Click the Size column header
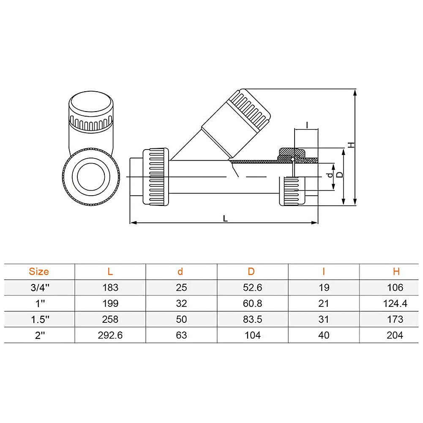(39, 271)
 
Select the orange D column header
(251, 271)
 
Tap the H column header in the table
(396, 271)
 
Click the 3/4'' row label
(40, 288)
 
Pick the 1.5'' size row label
(40, 319)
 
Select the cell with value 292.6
(110, 336)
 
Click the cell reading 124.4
(395, 303)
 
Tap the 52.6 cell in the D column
(253, 288)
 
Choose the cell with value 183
(110, 288)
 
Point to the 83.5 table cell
(253, 319)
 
